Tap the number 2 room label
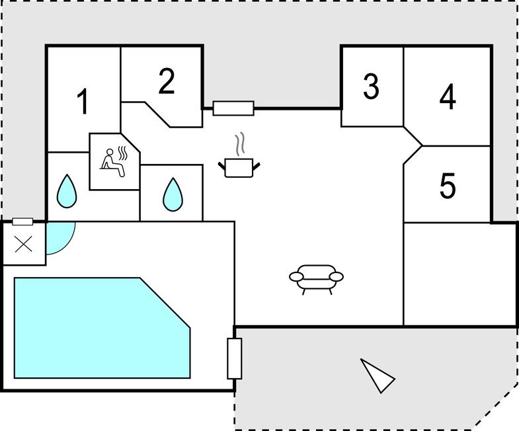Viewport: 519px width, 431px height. (x=167, y=81)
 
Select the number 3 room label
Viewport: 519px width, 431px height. (x=371, y=86)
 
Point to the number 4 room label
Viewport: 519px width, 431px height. (x=448, y=97)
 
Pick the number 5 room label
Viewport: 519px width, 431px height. (x=448, y=186)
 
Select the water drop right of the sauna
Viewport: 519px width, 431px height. (x=173, y=194)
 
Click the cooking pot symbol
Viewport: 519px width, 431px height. (x=239, y=167)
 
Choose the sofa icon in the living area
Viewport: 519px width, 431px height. (x=317, y=278)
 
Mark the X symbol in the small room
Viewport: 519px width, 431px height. (x=24, y=244)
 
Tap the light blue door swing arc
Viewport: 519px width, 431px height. (x=59, y=237)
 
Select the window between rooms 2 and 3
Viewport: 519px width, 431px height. (x=233, y=108)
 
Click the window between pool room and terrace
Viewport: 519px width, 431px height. (x=235, y=358)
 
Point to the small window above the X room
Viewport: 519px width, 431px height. (x=22, y=221)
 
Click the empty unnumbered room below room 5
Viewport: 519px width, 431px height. (x=459, y=274)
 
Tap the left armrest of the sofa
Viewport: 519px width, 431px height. (x=296, y=276)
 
